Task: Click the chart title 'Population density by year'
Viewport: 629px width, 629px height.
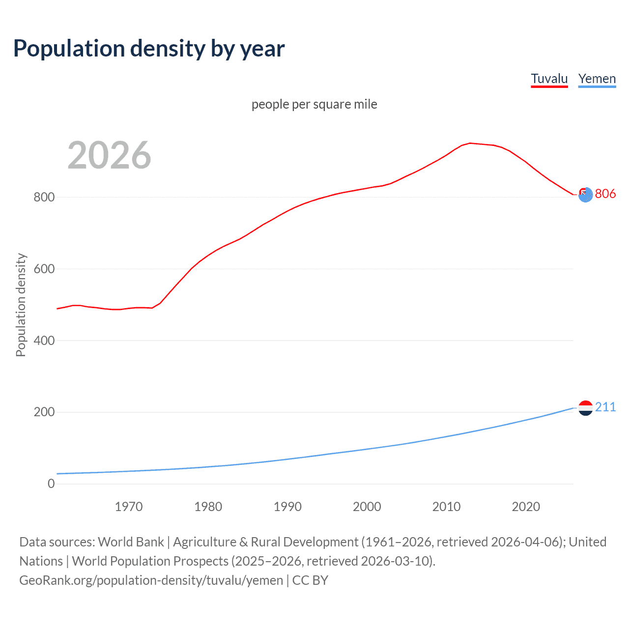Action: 149,49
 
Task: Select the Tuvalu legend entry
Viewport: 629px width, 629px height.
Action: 549,79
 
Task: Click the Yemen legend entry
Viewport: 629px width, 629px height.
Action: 597,79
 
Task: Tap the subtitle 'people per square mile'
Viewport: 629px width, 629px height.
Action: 314,104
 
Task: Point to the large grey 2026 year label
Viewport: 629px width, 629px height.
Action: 109,155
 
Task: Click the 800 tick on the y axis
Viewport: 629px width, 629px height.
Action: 44,197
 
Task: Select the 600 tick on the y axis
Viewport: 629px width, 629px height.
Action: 44,269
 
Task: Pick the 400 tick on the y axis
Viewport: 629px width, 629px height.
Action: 44,341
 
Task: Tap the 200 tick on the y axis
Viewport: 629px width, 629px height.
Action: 44,412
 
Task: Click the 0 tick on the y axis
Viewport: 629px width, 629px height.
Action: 51,484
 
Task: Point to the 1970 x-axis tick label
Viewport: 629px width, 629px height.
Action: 129,507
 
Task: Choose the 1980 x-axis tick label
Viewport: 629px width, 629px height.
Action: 208,507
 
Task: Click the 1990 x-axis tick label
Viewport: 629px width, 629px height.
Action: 287,507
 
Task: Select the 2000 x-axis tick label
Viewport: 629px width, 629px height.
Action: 367,507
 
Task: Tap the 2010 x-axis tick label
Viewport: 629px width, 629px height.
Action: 446,507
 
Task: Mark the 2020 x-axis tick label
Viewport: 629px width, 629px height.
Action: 526,507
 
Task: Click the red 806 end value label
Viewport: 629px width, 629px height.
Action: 605,194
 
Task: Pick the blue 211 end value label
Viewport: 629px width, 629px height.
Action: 605,407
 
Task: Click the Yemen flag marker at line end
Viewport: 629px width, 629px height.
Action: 585,408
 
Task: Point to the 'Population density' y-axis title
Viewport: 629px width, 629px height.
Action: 21,305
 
